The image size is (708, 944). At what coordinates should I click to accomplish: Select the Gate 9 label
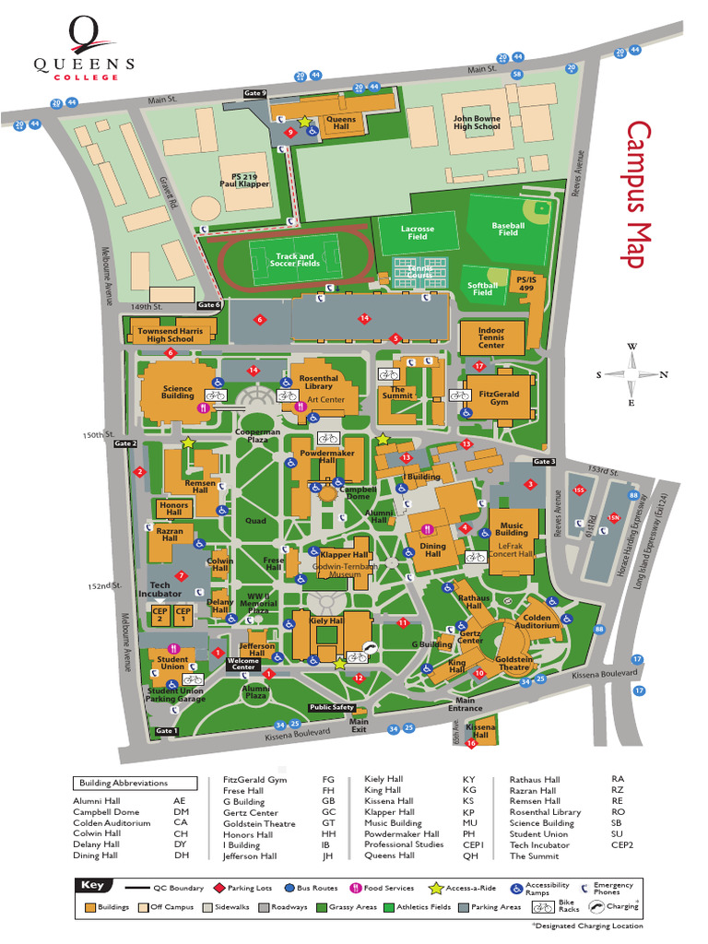(x=254, y=93)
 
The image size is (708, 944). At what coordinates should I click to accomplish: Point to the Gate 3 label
(x=543, y=462)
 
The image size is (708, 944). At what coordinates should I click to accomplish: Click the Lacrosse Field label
(x=418, y=232)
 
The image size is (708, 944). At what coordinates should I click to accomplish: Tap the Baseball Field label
(x=508, y=229)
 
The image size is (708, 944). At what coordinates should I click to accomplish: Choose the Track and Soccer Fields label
(x=294, y=261)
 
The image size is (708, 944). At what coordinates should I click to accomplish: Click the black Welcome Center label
(x=243, y=664)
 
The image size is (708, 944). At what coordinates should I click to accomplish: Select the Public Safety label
(x=332, y=708)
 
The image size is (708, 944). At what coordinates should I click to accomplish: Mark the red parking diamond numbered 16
(x=471, y=743)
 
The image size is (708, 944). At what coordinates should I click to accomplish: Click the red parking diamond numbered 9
(x=290, y=133)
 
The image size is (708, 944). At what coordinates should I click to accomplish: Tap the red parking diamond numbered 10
(x=478, y=673)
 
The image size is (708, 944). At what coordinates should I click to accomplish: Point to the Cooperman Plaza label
(x=257, y=436)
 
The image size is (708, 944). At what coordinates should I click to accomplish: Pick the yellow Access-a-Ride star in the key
(x=436, y=889)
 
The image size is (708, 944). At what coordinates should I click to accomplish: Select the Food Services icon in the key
(x=354, y=889)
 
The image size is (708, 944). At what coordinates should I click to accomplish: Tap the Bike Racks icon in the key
(x=544, y=906)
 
